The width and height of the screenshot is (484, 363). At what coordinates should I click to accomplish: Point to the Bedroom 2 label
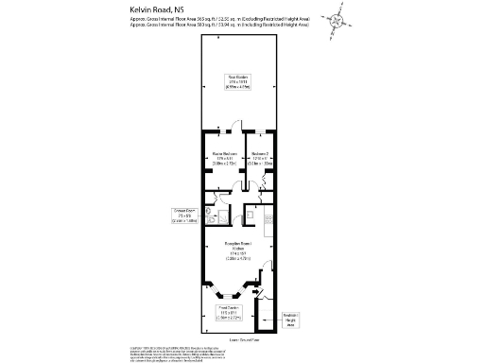pos(262,158)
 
